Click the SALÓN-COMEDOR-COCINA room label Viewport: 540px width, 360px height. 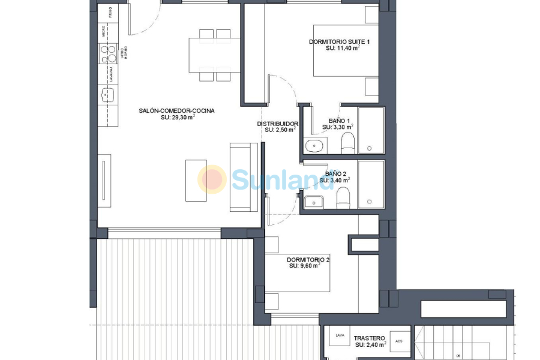click(176, 111)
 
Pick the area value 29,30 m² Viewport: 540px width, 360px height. click(178, 118)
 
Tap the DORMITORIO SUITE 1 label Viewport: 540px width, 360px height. click(339, 41)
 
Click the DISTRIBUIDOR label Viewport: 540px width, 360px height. click(278, 124)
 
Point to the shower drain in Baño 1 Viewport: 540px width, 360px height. click(370, 148)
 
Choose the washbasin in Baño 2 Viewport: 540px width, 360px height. click(314, 202)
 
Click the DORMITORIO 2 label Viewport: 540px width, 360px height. click(308, 259)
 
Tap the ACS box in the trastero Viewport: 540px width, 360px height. click(398, 340)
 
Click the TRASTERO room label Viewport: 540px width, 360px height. click(368, 338)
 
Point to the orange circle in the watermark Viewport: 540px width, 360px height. click(212, 179)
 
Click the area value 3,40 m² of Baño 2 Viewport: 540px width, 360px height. click(335, 180)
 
